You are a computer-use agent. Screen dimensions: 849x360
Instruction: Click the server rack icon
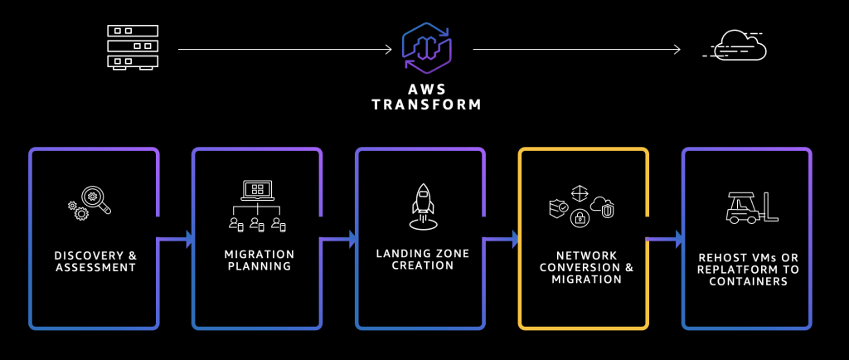[x=133, y=47]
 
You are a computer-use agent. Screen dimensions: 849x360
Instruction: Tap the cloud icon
[x=735, y=45]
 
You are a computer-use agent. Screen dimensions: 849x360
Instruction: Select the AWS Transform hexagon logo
[x=427, y=47]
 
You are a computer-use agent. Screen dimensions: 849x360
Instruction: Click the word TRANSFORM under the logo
[x=427, y=105]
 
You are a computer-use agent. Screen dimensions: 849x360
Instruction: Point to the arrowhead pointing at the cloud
[x=677, y=50]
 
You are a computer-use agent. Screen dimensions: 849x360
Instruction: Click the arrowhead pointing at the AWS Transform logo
[x=388, y=50]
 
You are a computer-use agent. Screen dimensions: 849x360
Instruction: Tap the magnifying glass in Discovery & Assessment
[x=96, y=199]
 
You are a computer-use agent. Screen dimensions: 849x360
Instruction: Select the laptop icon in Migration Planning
[x=257, y=191]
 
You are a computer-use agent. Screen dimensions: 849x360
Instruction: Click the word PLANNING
[x=260, y=266]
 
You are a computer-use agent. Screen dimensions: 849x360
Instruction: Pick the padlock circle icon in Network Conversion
[x=580, y=217]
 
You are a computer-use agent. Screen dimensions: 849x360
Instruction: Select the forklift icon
[x=752, y=207]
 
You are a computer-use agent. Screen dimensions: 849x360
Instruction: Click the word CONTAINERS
[x=749, y=281]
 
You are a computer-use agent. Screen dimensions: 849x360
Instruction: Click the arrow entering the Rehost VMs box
[x=664, y=238]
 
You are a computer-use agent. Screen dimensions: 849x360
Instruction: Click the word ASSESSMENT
[x=95, y=267]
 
